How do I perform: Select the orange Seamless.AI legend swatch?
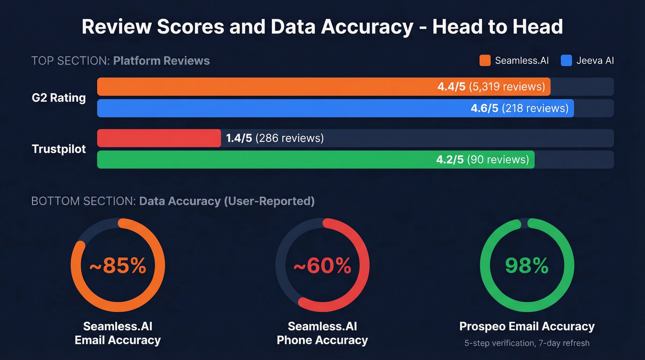[485, 60]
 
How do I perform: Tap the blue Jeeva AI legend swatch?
[566, 60]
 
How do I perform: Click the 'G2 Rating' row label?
[59, 98]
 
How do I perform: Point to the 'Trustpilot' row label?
[59, 149]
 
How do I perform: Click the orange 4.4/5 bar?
[267, 87]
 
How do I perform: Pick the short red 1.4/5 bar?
[159, 138]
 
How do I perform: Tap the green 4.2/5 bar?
[263, 159]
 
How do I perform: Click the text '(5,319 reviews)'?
[507, 87]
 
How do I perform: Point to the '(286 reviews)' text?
[289, 138]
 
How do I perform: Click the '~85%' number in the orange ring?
[117, 266]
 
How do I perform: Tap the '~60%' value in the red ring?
[322, 266]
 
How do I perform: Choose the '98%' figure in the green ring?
[527, 266]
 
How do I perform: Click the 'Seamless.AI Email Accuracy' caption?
[117, 333]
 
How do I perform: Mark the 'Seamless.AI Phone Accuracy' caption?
[322, 333]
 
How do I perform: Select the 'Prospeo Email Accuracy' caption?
[527, 326]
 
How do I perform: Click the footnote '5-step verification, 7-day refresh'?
[527, 343]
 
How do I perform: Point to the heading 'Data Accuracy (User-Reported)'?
[227, 201]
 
